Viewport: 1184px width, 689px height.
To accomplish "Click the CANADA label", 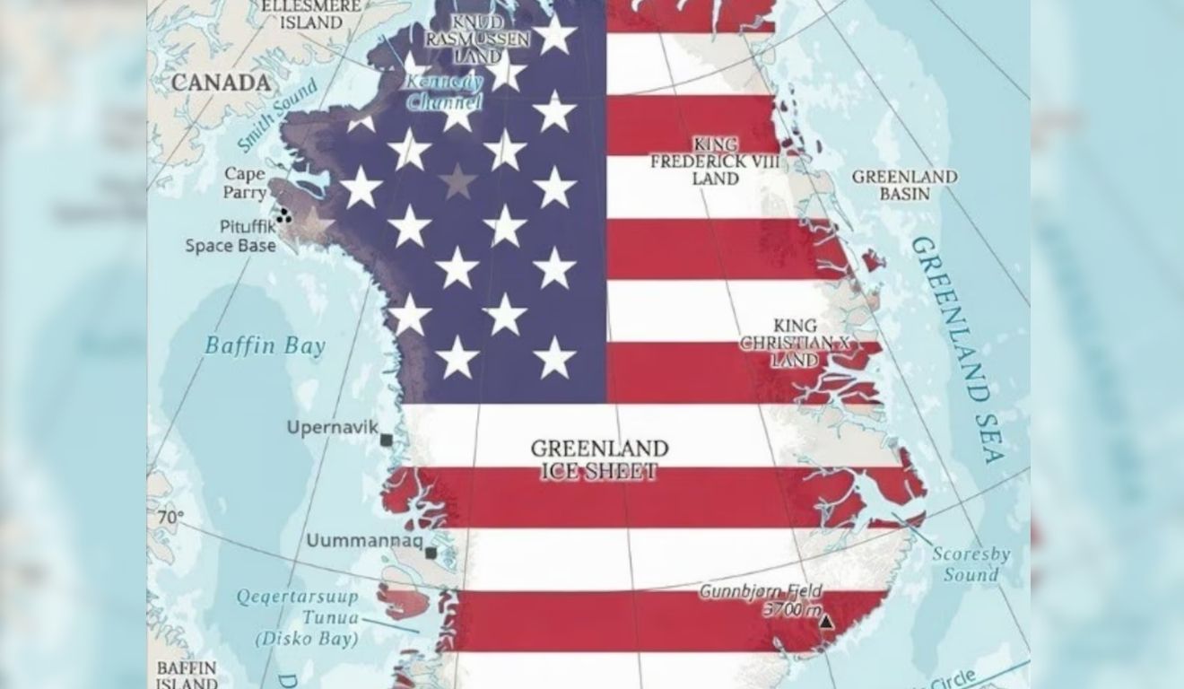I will pos(221,83).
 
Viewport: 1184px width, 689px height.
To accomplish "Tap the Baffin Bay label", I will pos(265,345).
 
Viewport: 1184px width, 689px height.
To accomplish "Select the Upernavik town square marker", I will pos(387,440).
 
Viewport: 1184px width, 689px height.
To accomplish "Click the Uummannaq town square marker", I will pos(431,553).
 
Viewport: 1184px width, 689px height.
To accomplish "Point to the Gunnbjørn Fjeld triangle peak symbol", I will pos(825,621).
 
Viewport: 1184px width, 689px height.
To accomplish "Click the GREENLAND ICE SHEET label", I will pos(599,459).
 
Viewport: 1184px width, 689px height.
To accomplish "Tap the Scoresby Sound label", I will pos(971,564).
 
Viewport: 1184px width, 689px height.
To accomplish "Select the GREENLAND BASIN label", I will pos(904,185).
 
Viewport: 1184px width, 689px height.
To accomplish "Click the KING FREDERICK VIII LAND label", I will pos(715,161).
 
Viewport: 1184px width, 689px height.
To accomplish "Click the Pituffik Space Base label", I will pos(231,236).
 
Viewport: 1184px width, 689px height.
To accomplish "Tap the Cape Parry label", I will pos(245,182).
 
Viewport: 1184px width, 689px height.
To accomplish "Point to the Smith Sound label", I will pos(278,115).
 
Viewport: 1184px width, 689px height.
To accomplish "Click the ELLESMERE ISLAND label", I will pos(310,13).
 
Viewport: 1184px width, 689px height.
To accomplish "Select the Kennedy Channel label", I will pos(444,92).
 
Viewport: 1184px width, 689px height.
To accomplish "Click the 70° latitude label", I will pos(170,518).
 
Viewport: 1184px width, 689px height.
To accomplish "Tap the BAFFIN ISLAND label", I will pos(187,675).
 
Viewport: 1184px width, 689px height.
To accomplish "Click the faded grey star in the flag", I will pos(457,182).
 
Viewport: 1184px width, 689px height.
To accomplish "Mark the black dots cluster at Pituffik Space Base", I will pos(283,215).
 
